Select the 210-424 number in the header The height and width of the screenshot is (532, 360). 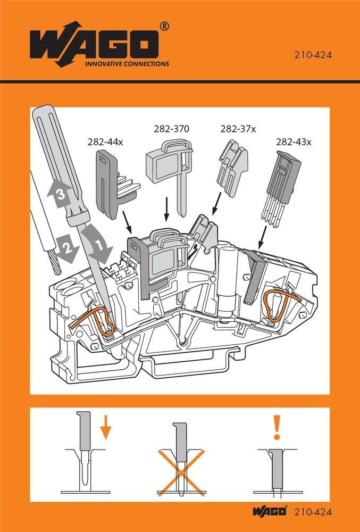[x=313, y=54]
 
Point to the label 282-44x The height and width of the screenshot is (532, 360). [x=106, y=142]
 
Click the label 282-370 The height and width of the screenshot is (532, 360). [x=171, y=129]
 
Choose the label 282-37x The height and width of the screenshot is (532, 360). [x=238, y=129]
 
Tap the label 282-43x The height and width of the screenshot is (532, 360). [x=294, y=142]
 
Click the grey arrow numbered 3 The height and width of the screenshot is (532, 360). [x=60, y=195]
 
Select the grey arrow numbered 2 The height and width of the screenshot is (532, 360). [x=67, y=247]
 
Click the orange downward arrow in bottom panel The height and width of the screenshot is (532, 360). [x=105, y=427]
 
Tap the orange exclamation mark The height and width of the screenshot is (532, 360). [x=276, y=428]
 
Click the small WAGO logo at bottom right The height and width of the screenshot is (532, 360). [x=270, y=512]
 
